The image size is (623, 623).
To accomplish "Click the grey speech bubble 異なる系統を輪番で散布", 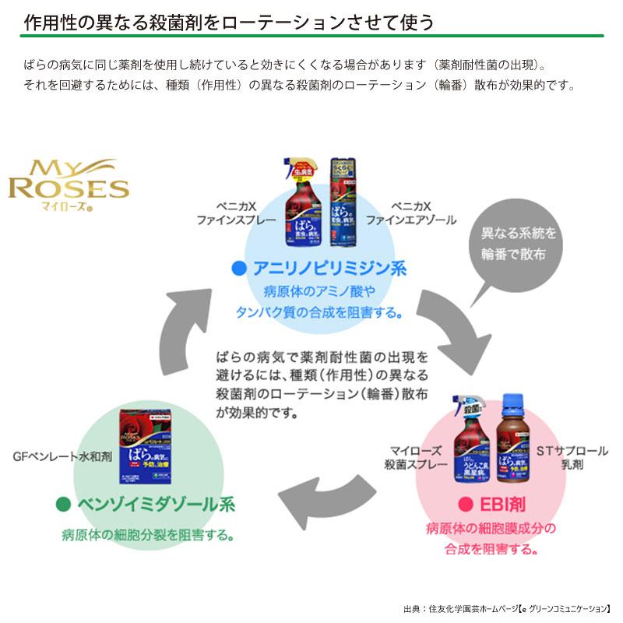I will tap(509, 244).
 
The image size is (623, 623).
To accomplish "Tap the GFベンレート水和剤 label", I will tap(64, 456).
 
